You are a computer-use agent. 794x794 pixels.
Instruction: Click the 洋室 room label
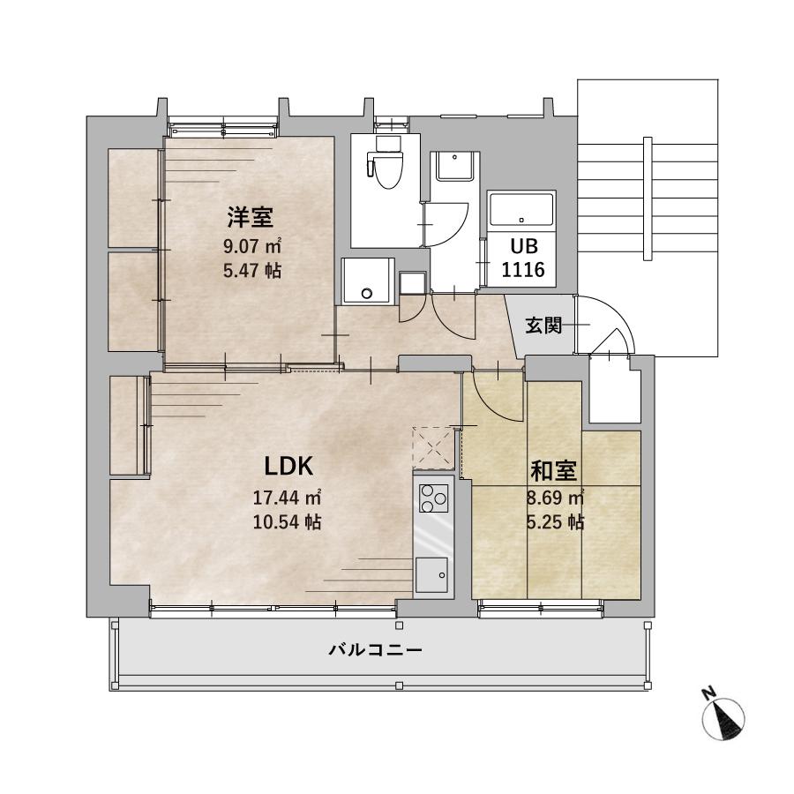point(251,217)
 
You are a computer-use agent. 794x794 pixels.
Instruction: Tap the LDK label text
point(289,466)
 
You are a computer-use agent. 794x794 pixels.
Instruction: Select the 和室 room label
point(553,471)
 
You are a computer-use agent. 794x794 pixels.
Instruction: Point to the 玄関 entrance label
point(543,325)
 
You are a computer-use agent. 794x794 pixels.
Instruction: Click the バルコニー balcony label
point(375,649)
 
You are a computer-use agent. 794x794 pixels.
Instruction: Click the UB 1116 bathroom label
point(523,258)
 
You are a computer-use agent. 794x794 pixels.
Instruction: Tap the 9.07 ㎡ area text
point(252,247)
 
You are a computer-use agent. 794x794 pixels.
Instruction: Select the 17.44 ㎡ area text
point(287,498)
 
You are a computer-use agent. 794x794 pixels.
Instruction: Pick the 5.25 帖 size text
point(556,521)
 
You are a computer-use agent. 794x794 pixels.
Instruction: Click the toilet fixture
point(387,162)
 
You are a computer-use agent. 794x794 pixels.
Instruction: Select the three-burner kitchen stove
point(433,498)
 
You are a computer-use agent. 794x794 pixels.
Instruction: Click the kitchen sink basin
point(432,575)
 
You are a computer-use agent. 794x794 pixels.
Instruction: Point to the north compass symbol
point(723,715)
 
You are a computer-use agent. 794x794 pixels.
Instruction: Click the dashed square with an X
point(433,448)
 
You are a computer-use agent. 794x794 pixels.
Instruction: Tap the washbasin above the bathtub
point(455,166)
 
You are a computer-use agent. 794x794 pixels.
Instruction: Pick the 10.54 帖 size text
point(287,521)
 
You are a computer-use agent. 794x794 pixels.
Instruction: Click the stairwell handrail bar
point(648,198)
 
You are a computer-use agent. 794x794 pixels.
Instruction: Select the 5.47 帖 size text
point(252,271)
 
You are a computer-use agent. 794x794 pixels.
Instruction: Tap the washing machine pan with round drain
point(368,281)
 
